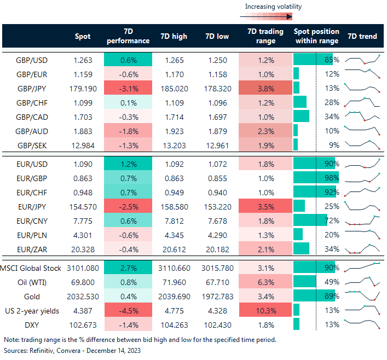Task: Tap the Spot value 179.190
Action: (x=83, y=88)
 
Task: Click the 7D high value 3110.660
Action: (x=174, y=268)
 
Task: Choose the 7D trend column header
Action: (x=362, y=37)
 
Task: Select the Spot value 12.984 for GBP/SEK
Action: (x=83, y=144)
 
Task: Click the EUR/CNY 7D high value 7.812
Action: (x=174, y=219)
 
